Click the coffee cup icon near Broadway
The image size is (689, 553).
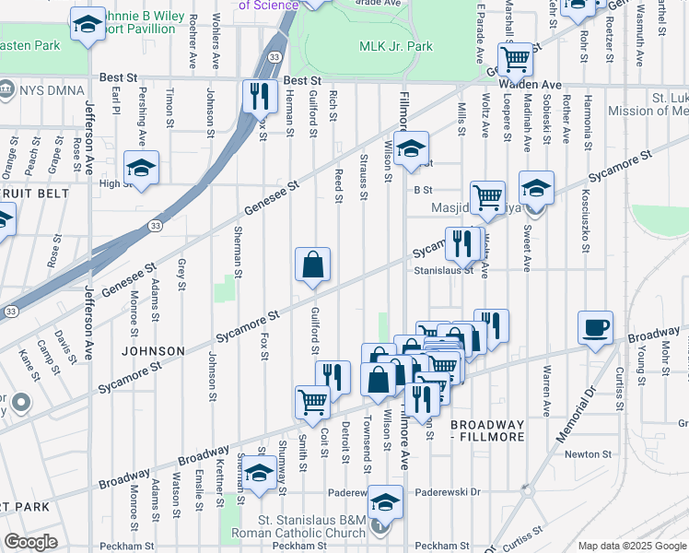click(x=595, y=326)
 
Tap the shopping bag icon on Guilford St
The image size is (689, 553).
click(x=312, y=264)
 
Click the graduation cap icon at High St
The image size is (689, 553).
click(x=141, y=168)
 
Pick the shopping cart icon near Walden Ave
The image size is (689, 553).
click(x=517, y=59)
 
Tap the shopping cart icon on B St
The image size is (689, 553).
click(x=487, y=195)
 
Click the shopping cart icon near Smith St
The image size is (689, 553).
click(x=312, y=401)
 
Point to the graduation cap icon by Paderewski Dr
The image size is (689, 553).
click(x=386, y=500)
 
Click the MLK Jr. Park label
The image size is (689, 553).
click(x=394, y=46)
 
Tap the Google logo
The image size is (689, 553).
click(x=30, y=542)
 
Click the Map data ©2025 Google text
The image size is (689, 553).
click(x=632, y=546)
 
